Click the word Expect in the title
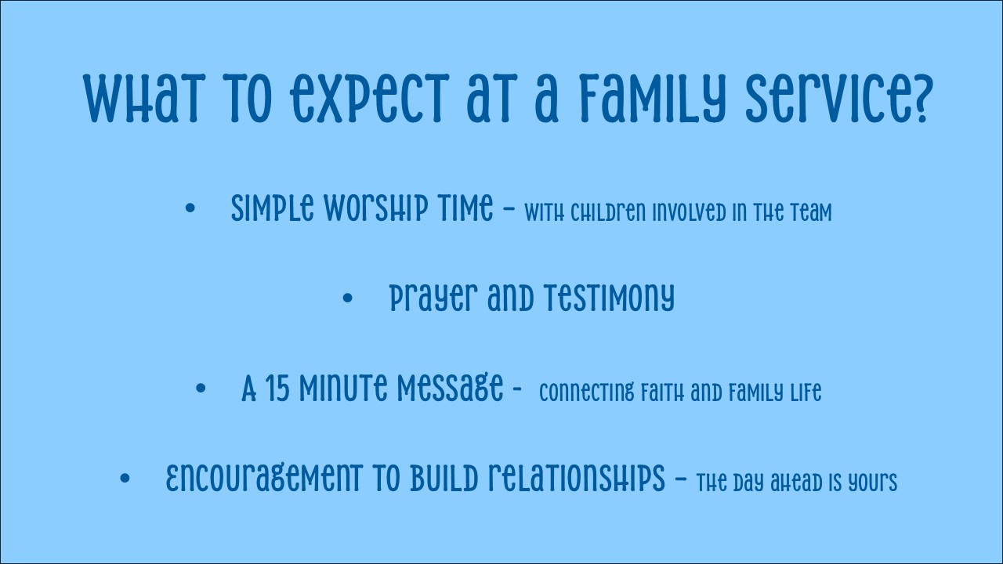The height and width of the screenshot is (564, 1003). point(369,99)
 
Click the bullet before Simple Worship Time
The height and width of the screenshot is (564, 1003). point(190,208)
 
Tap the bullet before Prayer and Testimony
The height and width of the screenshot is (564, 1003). point(347,298)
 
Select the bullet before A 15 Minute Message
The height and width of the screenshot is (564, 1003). point(201,388)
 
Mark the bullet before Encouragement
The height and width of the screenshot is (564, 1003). point(125,478)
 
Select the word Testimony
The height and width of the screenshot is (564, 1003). point(610,298)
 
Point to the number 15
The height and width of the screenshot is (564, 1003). point(277,388)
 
